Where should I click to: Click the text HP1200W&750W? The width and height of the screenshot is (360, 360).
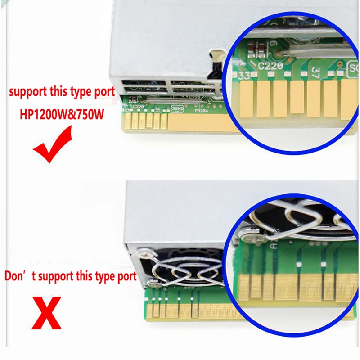(62, 114)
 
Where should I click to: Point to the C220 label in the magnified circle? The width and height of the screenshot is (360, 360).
(270, 66)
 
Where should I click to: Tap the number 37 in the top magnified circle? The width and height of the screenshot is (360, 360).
(316, 71)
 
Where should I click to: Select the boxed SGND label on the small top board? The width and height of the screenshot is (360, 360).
(178, 108)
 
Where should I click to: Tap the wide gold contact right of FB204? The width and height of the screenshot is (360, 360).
(202, 123)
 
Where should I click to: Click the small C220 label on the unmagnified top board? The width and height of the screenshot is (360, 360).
(138, 107)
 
